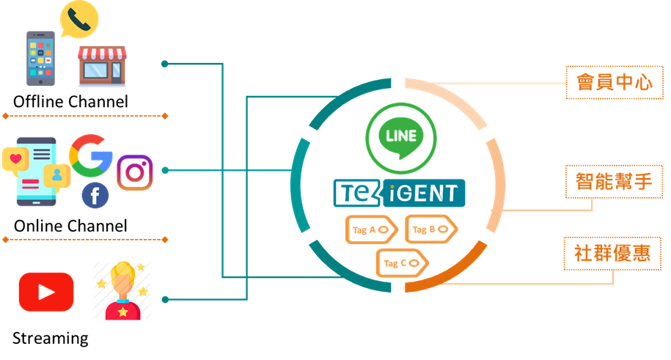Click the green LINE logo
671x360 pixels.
coord(401,137)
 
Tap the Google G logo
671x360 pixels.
coord(91,155)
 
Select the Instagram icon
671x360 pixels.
coord(135,172)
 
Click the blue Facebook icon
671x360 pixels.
coord(95,196)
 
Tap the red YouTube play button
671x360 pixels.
coord(46,292)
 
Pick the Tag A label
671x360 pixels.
coord(371,230)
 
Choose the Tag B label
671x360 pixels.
coord(430,230)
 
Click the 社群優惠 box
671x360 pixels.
coord(616,253)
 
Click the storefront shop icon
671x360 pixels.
coord(102,66)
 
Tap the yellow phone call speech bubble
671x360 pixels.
coord(78,19)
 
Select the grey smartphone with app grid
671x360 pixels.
coord(41,59)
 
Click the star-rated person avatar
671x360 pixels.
coord(122,290)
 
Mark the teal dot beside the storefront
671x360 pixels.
coord(164,64)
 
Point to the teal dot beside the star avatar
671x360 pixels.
coord(164,299)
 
